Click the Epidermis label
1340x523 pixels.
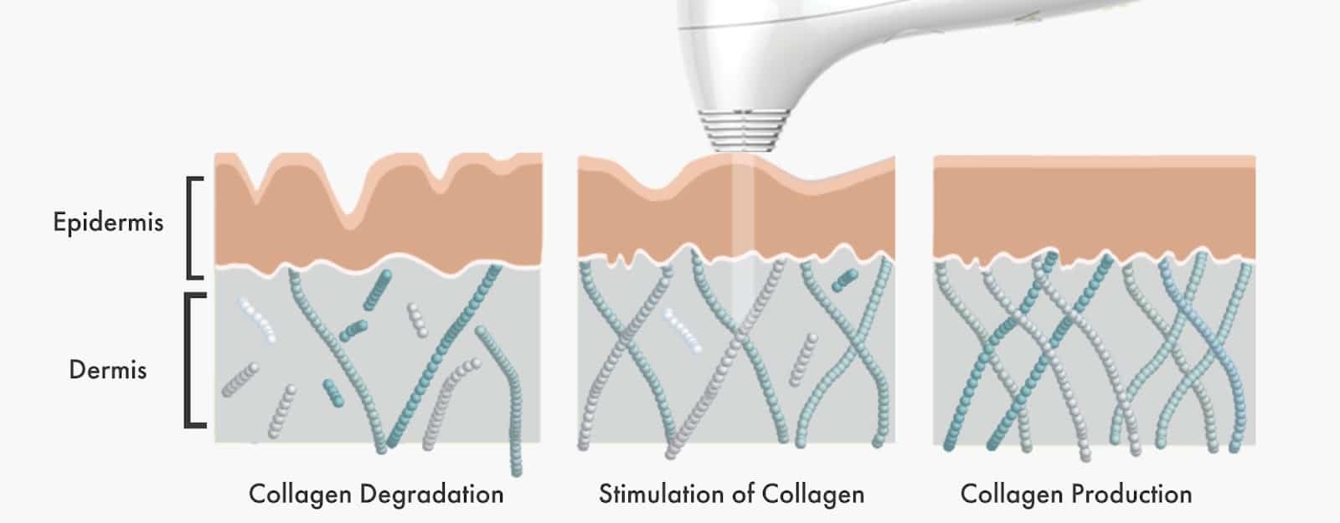coord(108,223)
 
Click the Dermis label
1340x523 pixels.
coord(108,370)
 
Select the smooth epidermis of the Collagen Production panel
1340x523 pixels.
coord(1094,209)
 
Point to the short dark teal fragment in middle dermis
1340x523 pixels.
coord(844,281)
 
